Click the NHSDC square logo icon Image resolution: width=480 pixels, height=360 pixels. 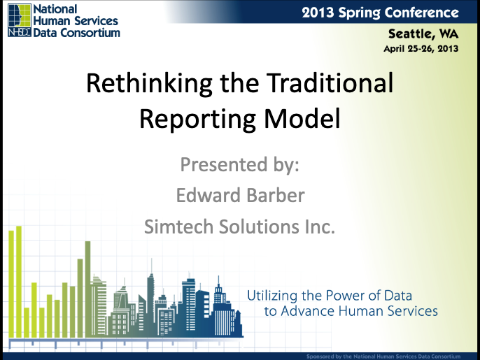click(20, 20)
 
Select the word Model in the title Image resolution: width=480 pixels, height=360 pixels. click(302, 118)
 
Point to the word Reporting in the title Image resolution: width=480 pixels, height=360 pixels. click(197, 120)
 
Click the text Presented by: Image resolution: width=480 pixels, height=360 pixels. click(240, 165)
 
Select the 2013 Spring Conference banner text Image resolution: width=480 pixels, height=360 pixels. click(380, 13)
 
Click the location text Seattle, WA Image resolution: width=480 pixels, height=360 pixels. click(423, 34)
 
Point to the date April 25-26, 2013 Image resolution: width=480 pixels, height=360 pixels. click(421, 49)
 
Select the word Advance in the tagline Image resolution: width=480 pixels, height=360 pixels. click(308, 311)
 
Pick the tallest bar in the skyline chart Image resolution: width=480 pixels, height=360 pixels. click(19, 282)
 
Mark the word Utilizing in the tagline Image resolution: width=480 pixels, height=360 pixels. click(272, 296)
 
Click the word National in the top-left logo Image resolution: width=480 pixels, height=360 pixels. click(55, 9)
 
